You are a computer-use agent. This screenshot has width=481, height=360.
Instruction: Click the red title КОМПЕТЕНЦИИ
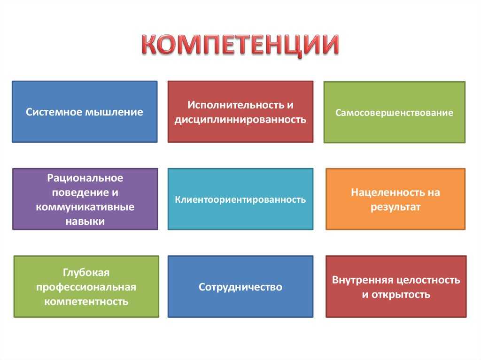point(240,46)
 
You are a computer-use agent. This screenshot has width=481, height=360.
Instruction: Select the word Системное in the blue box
point(54,112)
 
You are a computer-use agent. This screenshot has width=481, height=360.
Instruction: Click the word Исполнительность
point(236,105)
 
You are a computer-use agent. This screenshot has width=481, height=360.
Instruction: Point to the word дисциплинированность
point(240,120)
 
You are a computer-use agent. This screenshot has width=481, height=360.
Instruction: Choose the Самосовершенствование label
point(394,113)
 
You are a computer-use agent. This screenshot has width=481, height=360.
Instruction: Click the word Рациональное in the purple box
point(85,178)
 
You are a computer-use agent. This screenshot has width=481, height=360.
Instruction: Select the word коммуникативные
point(85,207)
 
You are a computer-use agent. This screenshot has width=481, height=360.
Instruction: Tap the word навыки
point(85,222)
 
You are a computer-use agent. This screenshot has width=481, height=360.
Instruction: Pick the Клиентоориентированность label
point(240,199)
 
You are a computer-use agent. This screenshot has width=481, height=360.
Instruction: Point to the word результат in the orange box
point(396,207)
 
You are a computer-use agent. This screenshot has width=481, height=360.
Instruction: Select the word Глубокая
point(86,273)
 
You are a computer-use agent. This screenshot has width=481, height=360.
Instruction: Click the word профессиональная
point(86,287)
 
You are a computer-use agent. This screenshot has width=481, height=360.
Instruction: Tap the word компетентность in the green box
point(86,302)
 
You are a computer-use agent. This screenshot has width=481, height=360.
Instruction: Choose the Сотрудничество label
point(240,287)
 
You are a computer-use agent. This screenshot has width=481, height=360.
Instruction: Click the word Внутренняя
point(363,280)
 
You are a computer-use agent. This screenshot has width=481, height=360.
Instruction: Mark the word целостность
point(428,280)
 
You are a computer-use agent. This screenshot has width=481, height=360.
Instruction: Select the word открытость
point(401,295)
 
